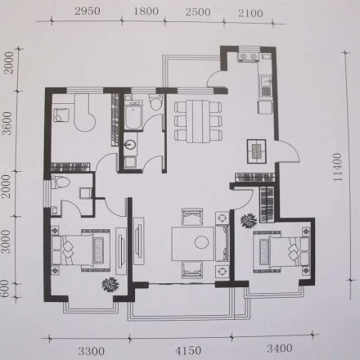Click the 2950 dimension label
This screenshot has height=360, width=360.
tap(88, 11)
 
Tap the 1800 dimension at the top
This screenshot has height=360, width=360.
tap(146, 11)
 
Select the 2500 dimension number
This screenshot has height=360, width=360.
tap(198, 12)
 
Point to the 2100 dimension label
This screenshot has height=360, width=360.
tap(250, 13)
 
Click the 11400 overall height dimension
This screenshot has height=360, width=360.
tap(337, 167)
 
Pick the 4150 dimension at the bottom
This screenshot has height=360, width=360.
tap(188, 351)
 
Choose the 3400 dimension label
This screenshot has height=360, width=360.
tap(279, 348)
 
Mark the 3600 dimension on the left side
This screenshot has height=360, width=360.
tap(9, 124)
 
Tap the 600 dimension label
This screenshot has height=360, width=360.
tap(6, 290)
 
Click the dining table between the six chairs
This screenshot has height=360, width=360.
tap(198, 121)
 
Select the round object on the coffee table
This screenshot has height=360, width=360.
tap(201, 241)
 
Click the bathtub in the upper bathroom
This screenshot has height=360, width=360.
tap(133, 115)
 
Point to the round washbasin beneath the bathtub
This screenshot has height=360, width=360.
tap(131, 144)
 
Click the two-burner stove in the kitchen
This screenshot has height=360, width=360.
tap(248, 57)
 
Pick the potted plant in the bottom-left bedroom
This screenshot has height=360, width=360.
tap(110, 285)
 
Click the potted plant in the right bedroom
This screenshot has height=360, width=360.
tap(249, 220)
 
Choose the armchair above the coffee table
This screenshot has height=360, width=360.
tap(192, 217)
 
